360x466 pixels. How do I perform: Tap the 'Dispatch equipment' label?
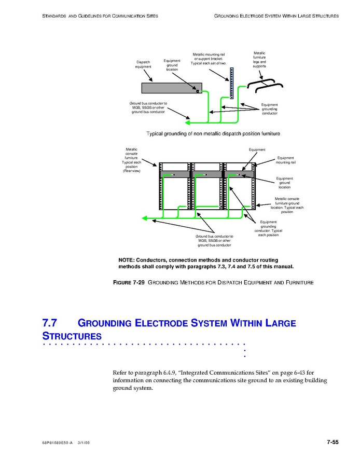143,64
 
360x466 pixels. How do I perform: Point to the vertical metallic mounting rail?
232,83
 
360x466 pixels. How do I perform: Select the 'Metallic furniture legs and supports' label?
259,60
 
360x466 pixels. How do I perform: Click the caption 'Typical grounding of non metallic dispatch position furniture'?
213,133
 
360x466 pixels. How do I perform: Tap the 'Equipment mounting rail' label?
285,160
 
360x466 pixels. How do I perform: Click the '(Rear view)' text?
131,171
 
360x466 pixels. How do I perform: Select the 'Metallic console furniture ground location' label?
287,205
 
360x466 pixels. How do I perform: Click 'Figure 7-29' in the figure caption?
129,282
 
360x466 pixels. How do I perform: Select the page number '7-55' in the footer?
333,442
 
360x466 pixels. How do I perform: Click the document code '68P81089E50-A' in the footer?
58,443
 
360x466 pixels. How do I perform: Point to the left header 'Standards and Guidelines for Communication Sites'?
100,16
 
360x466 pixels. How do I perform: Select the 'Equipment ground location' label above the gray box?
172,65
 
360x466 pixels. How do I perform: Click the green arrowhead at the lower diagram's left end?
146,218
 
